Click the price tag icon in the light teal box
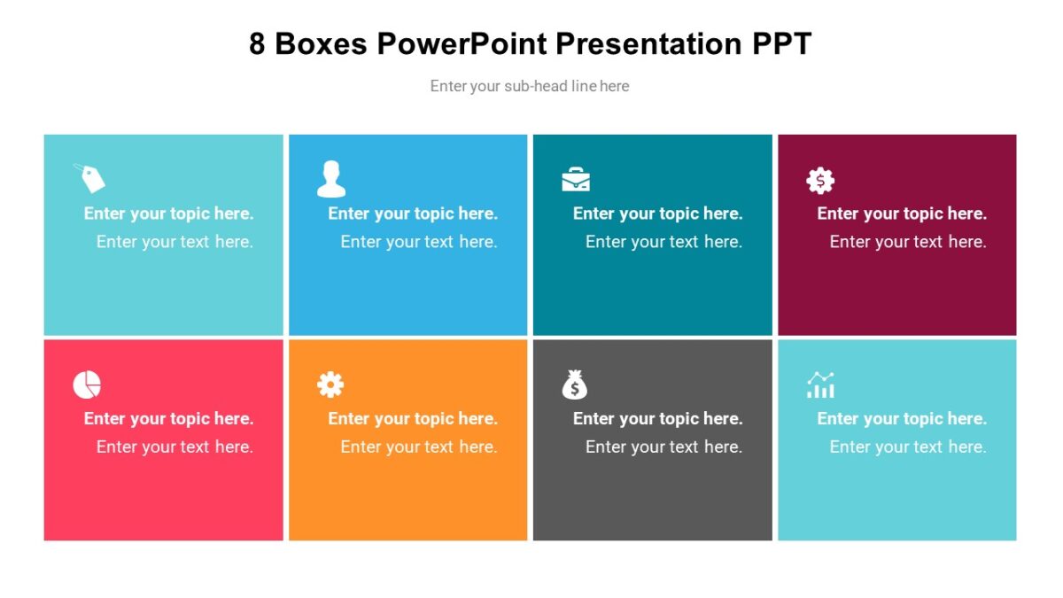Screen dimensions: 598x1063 click(x=89, y=178)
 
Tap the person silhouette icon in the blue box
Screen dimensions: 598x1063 click(x=331, y=179)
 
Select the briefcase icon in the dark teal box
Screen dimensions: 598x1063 click(x=576, y=180)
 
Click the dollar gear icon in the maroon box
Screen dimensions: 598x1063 click(x=820, y=181)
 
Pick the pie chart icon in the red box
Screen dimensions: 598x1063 click(x=87, y=385)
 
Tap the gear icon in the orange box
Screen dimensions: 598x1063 click(x=330, y=384)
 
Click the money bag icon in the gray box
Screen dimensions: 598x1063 click(x=575, y=384)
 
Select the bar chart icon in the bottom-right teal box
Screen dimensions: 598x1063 click(x=820, y=385)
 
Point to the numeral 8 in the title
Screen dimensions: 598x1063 click(x=257, y=43)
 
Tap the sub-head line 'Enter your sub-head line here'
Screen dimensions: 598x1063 click(x=530, y=86)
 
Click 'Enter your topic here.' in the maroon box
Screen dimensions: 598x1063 click(x=902, y=214)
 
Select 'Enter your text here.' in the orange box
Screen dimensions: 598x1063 click(x=419, y=447)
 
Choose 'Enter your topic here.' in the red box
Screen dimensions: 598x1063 click(x=168, y=419)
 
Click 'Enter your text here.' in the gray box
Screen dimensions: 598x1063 click(x=663, y=447)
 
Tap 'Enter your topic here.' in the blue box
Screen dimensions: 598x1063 click(x=413, y=214)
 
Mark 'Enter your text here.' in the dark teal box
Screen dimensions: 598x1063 click(x=663, y=242)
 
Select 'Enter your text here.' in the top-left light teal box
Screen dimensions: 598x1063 click(x=175, y=242)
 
